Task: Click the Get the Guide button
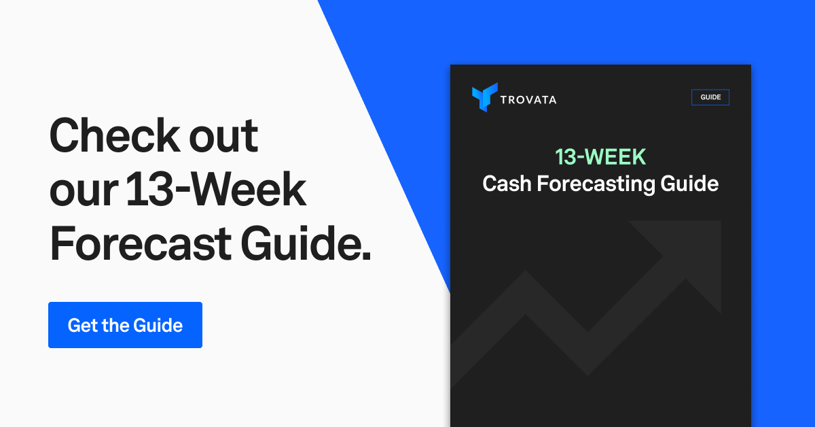click(x=125, y=325)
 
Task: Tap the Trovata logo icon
click(x=484, y=97)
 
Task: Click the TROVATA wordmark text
click(x=528, y=99)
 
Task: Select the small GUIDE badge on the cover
click(x=710, y=97)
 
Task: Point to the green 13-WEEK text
click(x=600, y=157)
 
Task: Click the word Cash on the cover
click(x=506, y=184)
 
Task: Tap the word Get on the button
click(x=82, y=325)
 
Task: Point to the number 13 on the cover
click(x=566, y=157)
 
